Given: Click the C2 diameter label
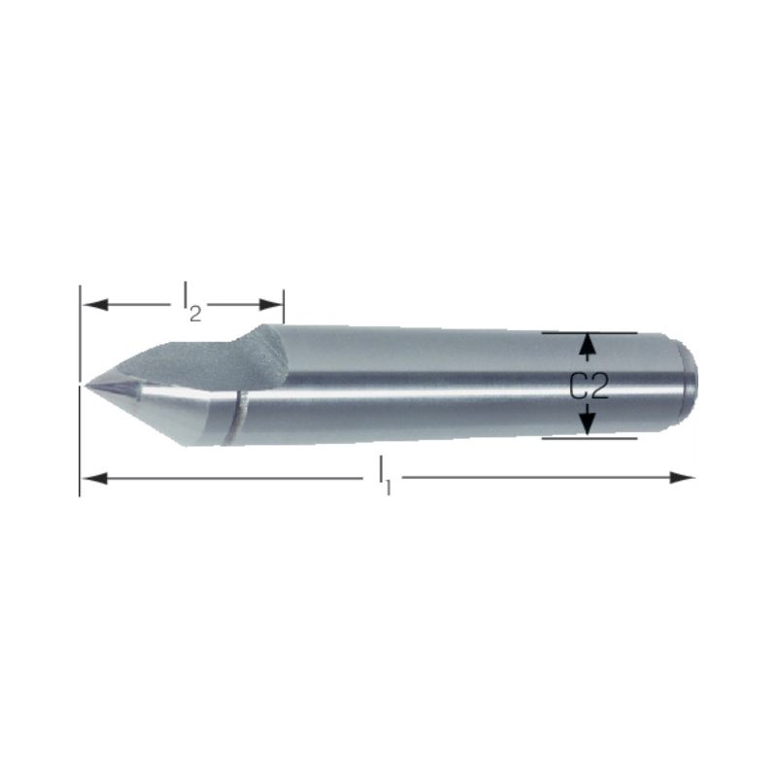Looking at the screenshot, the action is tap(589, 386).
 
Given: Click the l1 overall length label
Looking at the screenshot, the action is tap(385, 476).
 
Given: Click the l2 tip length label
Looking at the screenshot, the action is tap(192, 301).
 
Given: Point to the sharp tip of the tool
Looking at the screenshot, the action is tap(84, 386).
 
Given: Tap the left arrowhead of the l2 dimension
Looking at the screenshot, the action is tap(94, 304).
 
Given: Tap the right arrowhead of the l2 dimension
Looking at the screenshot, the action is tap(271, 304).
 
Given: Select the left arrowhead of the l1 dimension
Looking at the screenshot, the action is tap(94, 478).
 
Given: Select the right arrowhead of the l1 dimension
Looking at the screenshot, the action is tap(683, 478).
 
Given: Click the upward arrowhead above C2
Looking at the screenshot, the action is tap(588, 346).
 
